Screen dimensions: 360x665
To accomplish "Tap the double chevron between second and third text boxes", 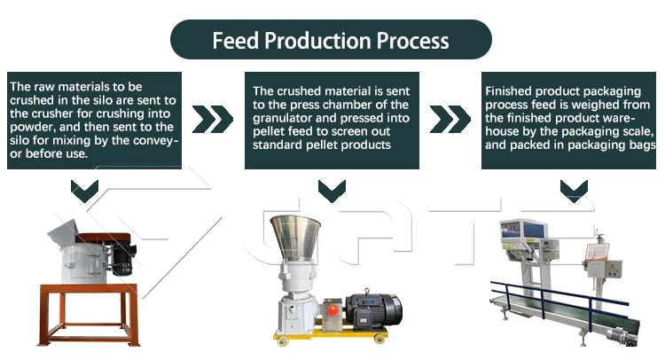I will pos(451,119).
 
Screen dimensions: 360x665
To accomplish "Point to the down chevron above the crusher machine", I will pos(85,189).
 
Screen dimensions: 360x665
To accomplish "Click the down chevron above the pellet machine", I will pos(332,189).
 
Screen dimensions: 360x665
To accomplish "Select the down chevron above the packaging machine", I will pos(573,189).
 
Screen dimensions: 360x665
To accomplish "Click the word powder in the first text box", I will pos(33,127).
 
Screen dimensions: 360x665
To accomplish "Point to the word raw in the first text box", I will pos(39,87).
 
